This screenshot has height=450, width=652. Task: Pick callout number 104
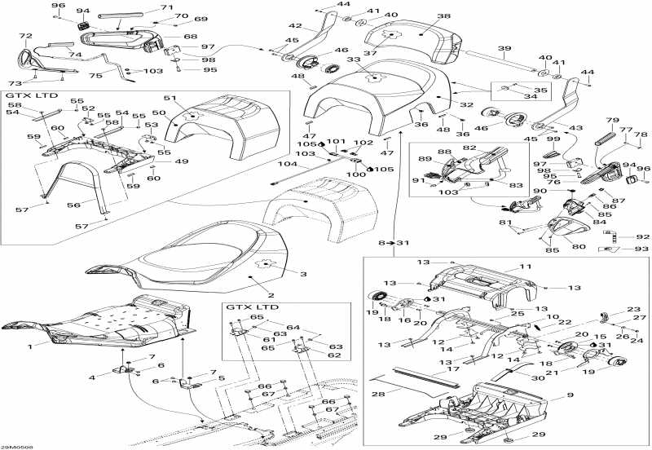point(284,164)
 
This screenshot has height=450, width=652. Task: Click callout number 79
point(613,119)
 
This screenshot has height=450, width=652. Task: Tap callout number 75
point(95,75)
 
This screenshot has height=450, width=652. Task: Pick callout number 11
point(526,267)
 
